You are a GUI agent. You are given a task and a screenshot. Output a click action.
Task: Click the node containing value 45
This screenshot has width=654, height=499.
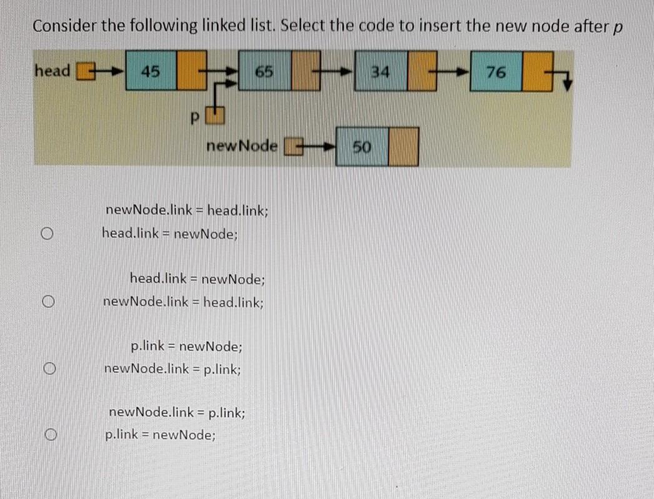tap(151, 71)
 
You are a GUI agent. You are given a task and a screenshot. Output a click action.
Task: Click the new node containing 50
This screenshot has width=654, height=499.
tap(362, 147)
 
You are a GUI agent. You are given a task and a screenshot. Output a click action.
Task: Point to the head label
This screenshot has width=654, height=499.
tap(53, 71)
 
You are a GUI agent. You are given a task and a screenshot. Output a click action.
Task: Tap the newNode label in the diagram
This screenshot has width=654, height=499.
tap(242, 146)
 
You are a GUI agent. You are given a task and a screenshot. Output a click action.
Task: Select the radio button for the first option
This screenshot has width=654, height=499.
tap(47, 234)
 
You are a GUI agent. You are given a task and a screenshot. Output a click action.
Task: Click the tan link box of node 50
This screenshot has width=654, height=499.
tap(403, 147)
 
